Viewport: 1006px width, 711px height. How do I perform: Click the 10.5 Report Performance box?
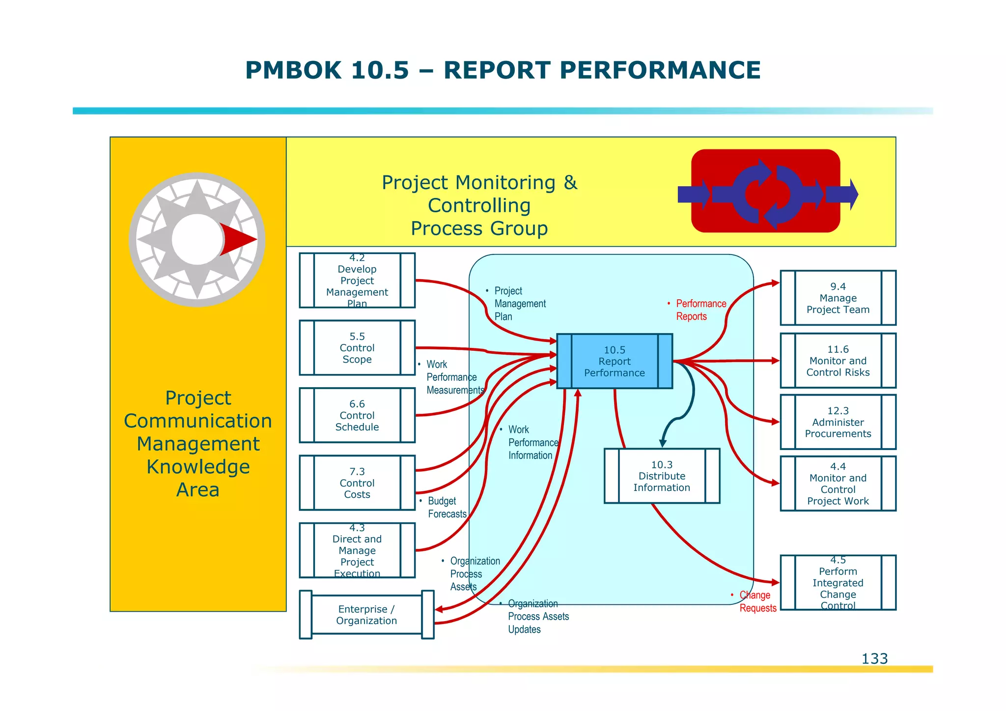[614, 361]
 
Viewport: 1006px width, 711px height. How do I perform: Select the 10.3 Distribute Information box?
[662, 476]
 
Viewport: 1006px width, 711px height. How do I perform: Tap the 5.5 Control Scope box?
[357, 348]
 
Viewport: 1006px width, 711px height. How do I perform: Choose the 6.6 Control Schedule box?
[357, 415]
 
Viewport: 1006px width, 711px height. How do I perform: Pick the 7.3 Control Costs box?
[357, 483]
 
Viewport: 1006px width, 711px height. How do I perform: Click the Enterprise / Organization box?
[366, 615]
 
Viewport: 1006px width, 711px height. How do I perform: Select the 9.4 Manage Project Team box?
[838, 298]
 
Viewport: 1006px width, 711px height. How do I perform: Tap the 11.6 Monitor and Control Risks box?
[838, 361]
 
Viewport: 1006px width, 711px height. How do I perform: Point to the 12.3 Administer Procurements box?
[838, 422]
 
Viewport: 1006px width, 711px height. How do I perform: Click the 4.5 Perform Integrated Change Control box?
[838, 583]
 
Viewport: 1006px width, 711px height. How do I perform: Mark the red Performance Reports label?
[698, 310]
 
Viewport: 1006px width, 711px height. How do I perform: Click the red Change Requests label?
[756, 601]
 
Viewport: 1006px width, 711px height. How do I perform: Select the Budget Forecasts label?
[446, 508]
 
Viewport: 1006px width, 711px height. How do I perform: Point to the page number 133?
[874, 658]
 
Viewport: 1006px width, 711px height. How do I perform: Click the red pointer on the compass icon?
[238, 239]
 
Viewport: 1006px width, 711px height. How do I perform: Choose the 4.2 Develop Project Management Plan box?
[357, 281]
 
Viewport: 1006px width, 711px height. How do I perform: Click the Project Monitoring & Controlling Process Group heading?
[479, 205]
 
